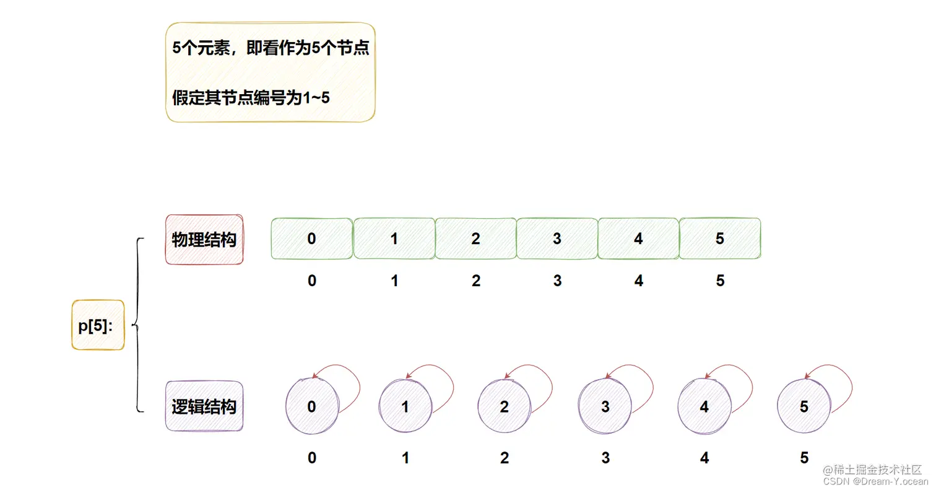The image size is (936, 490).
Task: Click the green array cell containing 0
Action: [312, 238]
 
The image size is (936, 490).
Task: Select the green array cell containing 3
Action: [557, 238]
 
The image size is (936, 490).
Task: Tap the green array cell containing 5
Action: [720, 238]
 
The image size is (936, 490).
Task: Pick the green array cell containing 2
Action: [475, 238]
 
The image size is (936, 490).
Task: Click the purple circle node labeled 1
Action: [405, 407]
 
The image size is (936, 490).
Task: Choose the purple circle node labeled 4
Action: [704, 407]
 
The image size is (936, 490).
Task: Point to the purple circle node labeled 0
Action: [311, 406]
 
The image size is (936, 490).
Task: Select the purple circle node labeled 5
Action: [804, 407]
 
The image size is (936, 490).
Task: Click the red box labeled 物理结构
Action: [204, 240]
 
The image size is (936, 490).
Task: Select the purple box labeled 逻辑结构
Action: [204, 407]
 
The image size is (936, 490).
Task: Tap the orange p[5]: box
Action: [98, 325]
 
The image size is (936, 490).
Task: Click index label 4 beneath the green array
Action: [639, 281]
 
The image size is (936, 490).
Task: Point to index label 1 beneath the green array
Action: [394, 281]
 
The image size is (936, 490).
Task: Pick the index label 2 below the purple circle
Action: [505, 458]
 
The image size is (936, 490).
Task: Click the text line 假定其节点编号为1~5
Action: [251, 98]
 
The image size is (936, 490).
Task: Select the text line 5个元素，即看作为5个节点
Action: [271, 49]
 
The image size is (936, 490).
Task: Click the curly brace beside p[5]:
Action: [137, 325]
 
